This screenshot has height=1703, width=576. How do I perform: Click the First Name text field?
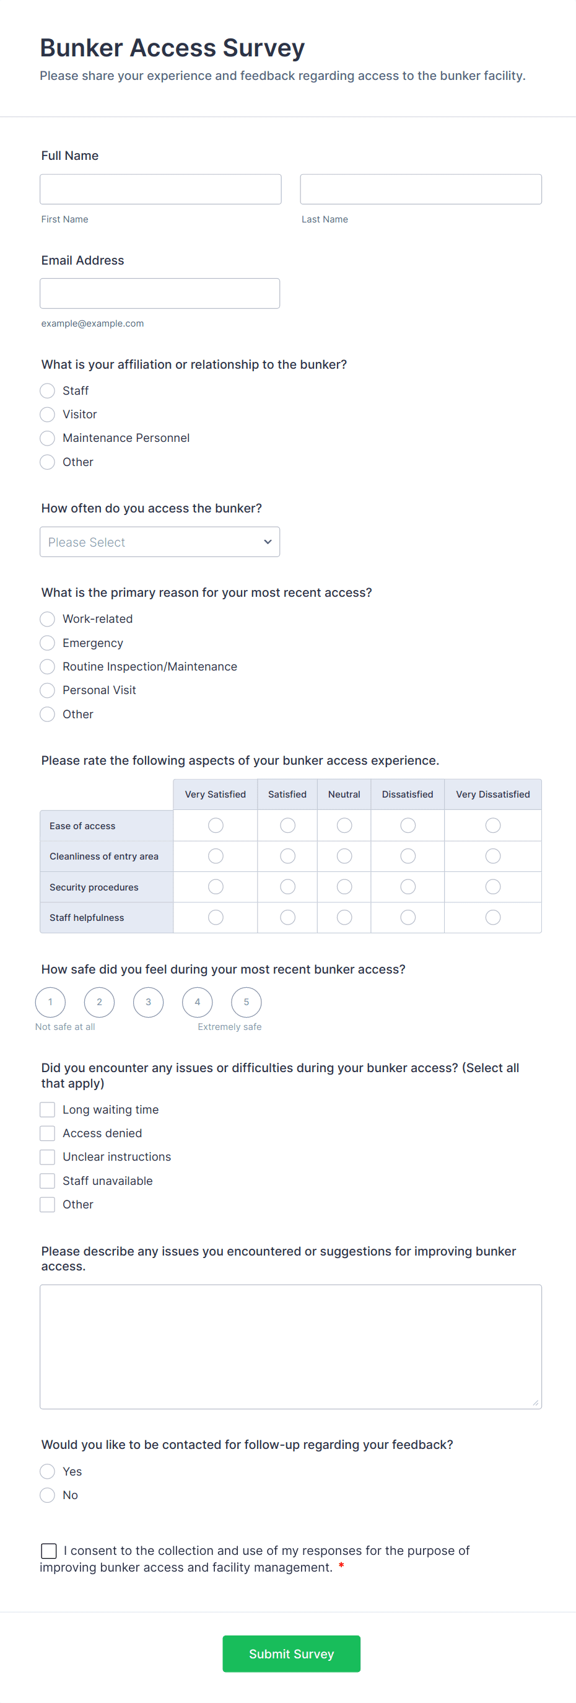[160, 189]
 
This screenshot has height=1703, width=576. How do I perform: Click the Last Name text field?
[421, 189]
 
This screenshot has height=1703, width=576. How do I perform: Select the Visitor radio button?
[48, 415]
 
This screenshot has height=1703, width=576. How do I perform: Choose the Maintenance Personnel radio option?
[48, 438]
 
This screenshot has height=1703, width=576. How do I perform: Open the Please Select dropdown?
[160, 542]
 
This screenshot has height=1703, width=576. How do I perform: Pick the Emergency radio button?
[48, 643]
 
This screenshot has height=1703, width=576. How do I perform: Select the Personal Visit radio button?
[48, 690]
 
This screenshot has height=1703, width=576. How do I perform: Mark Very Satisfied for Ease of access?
[216, 825]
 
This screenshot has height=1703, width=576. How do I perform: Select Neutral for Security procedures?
[344, 887]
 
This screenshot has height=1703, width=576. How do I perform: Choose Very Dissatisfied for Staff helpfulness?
[493, 918]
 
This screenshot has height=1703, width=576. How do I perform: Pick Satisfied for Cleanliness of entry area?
[287, 856]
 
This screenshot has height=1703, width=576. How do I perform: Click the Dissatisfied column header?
[408, 794]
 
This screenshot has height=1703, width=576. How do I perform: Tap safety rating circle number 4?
[198, 1002]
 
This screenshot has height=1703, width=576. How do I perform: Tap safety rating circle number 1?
[50, 1002]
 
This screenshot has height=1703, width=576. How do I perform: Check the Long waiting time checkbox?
[48, 1109]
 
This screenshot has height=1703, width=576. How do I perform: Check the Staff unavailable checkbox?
[48, 1181]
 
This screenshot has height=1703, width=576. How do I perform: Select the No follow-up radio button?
[48, 1495]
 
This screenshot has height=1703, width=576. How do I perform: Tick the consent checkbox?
[49, 1551]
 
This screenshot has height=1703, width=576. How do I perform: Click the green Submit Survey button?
[291, 1654]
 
